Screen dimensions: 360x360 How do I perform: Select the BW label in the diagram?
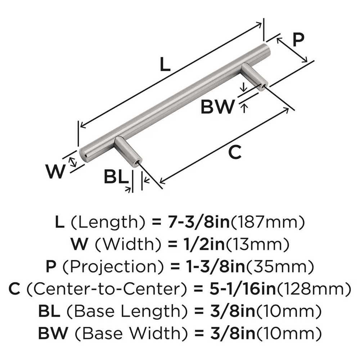point(217,107)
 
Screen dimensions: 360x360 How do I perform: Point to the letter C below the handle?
point(235,152)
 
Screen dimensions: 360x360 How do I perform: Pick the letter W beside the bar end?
point(57,171)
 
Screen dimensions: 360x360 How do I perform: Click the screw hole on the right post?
point(264,86)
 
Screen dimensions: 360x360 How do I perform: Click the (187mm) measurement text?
point(268,222)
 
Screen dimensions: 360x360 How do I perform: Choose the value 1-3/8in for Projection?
point(208,267)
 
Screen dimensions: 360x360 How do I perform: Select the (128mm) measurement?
point(312,289)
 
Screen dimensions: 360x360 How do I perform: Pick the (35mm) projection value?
point(277,267)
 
